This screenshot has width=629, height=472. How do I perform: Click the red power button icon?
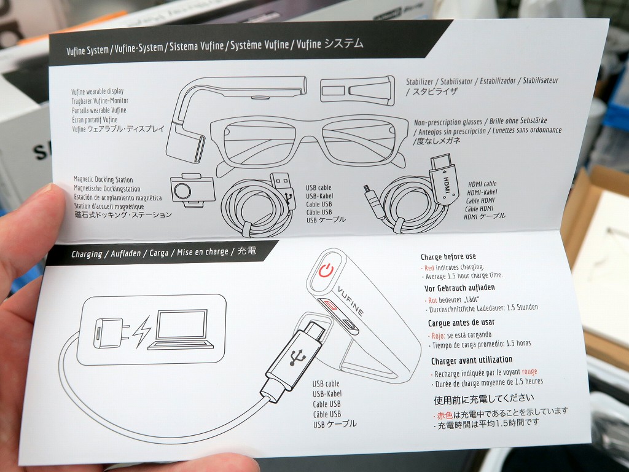tap(326, 270)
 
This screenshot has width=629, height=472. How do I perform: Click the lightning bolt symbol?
tap(142, 331)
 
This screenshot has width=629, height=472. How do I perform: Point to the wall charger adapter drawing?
tap(111, 332)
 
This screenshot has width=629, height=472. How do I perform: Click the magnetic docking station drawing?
tap(192, 190)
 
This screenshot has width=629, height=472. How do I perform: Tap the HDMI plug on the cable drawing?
tap(443, 179)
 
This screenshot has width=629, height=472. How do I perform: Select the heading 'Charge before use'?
tap(448, 257)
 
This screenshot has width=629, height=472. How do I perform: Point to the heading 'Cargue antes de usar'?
tap(461, 323)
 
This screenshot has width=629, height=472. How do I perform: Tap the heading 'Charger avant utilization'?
tap(472, 360)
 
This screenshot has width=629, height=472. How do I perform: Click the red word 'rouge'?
tap(529, 372)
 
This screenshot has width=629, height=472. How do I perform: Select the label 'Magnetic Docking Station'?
tap(103, 179)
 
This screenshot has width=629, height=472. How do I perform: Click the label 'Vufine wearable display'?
tap(98, 92)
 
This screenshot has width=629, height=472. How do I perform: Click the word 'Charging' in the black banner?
tap(87, 254)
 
